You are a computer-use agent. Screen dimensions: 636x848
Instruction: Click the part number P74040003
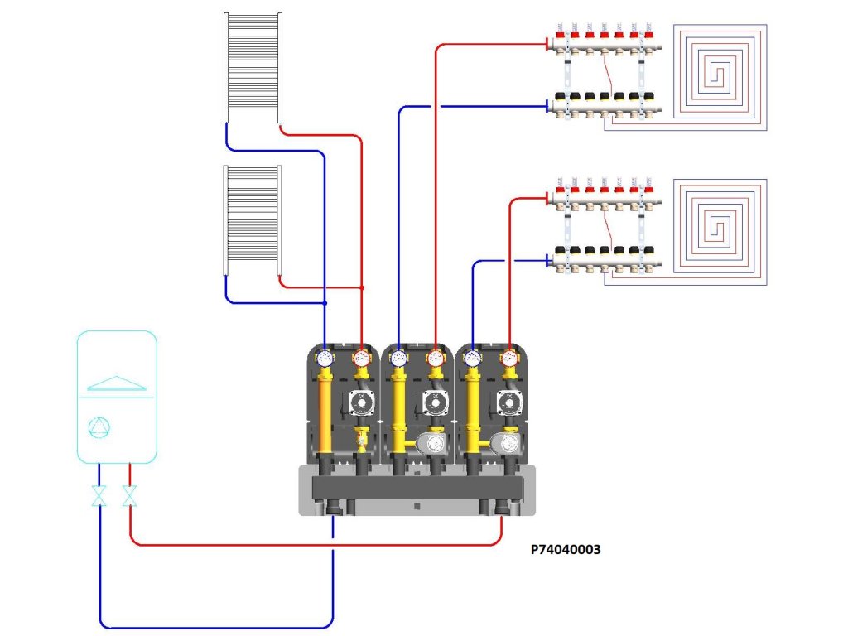click(566, 548)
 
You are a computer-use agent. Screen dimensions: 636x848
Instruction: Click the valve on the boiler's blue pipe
click(99, 497)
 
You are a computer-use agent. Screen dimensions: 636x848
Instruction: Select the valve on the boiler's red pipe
click(130, 497)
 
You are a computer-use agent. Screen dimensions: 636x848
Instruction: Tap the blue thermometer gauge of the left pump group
click(325, 359)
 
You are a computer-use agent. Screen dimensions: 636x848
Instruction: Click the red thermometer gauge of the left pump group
click(361, 359)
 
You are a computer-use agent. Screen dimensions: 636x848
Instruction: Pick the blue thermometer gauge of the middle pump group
click(398, 359)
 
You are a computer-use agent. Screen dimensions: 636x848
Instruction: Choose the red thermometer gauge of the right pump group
click(508, 359)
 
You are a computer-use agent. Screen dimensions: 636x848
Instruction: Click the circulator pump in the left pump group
click(360, 403)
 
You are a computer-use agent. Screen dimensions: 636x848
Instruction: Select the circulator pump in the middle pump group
click(434, 403)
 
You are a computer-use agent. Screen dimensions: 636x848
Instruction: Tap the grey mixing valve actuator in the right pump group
click(504, 443)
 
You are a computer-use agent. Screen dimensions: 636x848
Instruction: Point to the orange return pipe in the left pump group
click(325, 414)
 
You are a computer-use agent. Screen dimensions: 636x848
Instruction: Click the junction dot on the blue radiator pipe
click(325, 303)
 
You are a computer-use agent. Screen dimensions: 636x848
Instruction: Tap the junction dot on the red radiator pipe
click(363, 287)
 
